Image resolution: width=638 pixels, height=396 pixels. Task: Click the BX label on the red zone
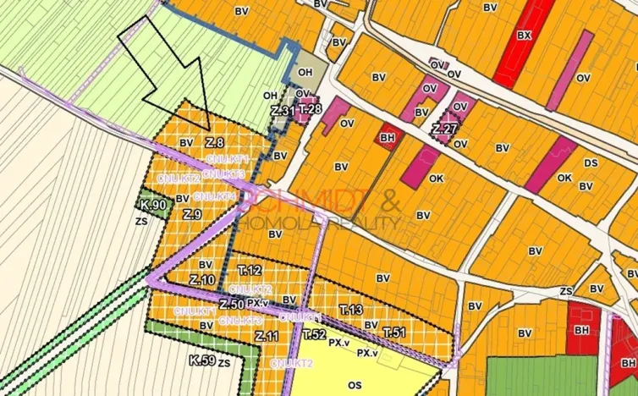[x=525, y=36]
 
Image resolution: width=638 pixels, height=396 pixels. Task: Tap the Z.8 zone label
[x=214, y=142]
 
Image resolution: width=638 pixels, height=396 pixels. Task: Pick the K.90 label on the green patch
[x=153, y=205]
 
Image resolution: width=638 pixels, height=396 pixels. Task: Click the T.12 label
[x=249, y=270]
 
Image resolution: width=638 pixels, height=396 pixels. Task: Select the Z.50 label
[x=231, y=304]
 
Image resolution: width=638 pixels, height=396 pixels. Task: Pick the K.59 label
[x=201, y=360]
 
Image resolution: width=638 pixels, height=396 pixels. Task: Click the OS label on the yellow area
[x=355, y=385]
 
